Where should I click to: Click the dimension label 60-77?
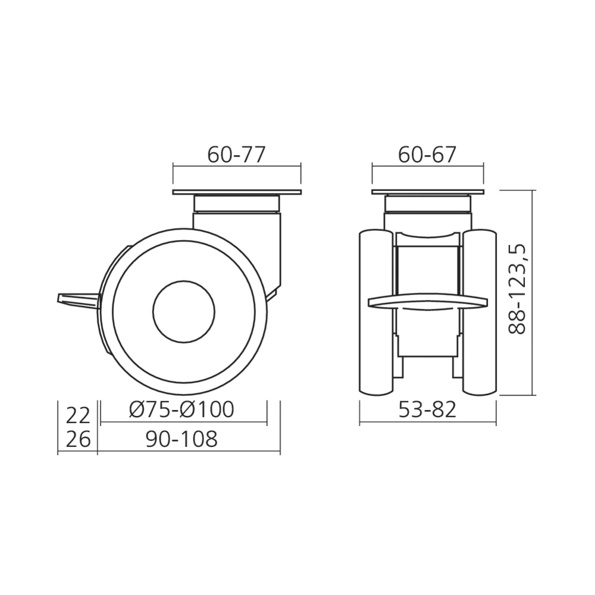click(x=236, y=155)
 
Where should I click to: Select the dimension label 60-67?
click(x=427, y=155)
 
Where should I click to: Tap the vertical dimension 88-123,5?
click(x=517, y=289)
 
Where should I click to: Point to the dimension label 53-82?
click(x=427, y=409)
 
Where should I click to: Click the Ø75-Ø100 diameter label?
click(x=181, y=409)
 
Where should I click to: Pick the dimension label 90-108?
click(x=181, y=439)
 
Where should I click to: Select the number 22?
click(x=78, y=415)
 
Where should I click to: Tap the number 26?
click(x=78, y=440)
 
